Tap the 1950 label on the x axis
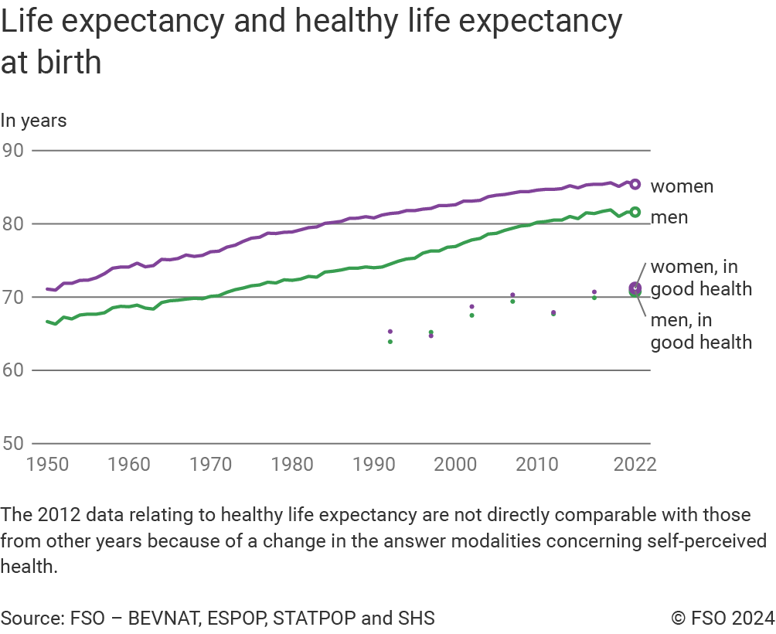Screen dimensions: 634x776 [x=47, y=465]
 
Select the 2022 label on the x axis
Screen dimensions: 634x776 [x=635, y=465]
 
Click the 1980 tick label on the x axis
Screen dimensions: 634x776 [x=292, y=465]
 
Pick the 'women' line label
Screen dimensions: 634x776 [x=682, y=186]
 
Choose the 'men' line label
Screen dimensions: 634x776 [x=669, y=217]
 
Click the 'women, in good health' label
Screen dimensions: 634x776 [x=701, y=278]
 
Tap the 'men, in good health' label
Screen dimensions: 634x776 [x=701, y=331]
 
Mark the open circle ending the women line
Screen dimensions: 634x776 [x=635, y=184]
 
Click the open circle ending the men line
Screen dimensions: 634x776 [x=635, y=212]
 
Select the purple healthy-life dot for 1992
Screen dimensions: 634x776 [x=390, y=332]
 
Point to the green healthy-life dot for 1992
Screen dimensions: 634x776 [x=390, y=342]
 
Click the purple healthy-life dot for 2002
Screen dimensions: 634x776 [x=471, y=307]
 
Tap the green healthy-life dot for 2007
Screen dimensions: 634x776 [x=512, y=301]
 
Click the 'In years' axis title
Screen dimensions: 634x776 [x=33, y=121]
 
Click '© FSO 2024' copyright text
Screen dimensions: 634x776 [x=723, y=618]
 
